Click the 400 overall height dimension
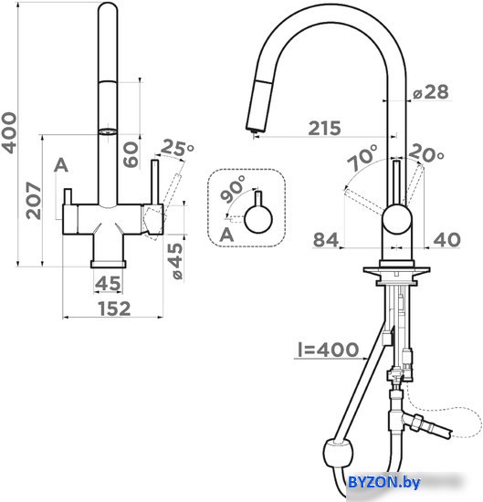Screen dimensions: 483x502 8,133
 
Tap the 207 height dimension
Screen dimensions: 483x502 34,201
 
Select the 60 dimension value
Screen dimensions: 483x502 131,154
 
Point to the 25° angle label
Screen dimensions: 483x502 177,148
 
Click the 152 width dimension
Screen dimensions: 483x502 114,309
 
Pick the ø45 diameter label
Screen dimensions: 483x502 176,261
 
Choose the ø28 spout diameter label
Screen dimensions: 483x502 430,92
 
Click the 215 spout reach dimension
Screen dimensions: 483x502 324,128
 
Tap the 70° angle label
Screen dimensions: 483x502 362,157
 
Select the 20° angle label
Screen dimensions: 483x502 426,152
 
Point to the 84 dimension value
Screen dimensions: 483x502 326,239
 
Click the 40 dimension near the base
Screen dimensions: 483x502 447,239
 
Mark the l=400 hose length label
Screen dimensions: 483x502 329,350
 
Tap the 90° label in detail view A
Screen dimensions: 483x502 234,189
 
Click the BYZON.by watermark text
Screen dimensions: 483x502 383,482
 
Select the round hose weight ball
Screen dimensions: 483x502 339,454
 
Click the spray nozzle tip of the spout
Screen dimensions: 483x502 254,131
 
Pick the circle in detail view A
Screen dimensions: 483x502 258,219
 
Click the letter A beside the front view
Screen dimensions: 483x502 61,165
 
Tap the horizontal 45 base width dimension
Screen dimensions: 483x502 109,283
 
